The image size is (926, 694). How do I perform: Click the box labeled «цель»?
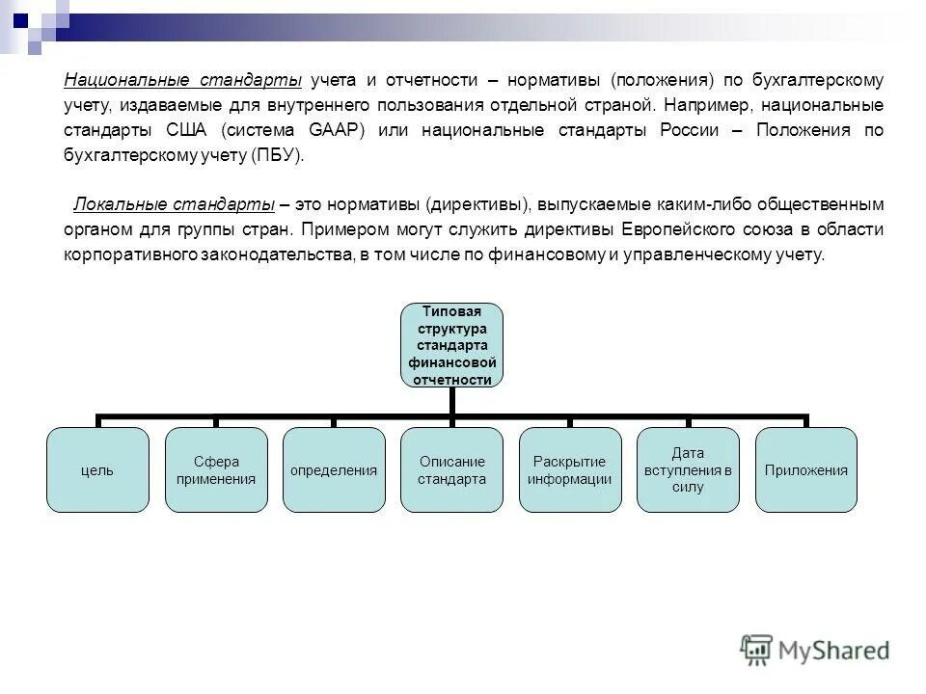click(97, 470)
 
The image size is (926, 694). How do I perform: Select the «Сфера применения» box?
click(215, 470)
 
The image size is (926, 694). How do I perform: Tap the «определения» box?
click(334, 470)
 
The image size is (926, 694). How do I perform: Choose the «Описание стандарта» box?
click(451, 470)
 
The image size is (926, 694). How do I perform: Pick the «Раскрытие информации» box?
click(570, 470)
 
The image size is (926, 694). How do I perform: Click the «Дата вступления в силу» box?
click(688, 470)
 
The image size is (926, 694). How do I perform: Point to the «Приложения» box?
click(805, 470)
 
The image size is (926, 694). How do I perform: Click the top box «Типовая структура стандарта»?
click(451, 344)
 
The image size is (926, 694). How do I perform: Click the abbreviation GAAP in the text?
click(336, 130)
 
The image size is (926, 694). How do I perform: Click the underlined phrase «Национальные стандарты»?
click(183, 79)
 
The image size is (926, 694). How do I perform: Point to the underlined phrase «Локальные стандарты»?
click(175, 205)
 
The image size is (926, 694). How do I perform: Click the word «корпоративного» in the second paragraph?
click(130, 255)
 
